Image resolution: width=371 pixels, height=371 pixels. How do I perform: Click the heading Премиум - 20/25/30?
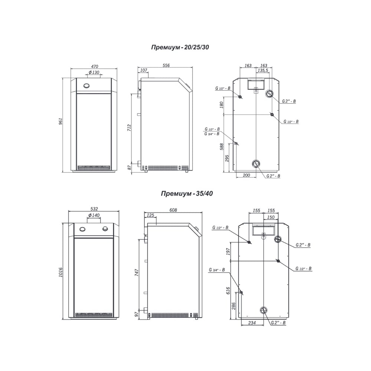[180, 47]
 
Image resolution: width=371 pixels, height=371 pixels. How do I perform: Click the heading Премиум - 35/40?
[187, 194]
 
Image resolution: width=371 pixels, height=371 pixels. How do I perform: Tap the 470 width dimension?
[94, 66]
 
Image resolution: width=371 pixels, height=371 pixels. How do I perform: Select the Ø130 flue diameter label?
[94, 72]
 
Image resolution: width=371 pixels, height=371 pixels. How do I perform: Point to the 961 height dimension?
[60, 121]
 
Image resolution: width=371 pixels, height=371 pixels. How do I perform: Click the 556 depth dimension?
[166, 65]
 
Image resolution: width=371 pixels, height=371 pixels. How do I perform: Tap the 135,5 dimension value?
[263, 70]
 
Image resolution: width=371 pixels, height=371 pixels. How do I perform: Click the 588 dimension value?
[222, 147]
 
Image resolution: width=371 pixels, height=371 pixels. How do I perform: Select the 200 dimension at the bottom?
[246, 175]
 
